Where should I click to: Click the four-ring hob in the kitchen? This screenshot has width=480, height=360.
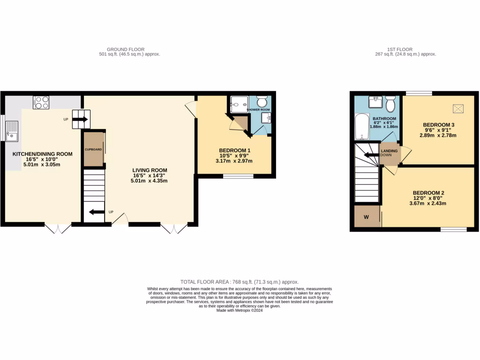point(41,102)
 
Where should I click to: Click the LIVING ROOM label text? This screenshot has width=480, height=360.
point(150,170)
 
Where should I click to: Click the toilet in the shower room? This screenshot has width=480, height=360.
point(261,102)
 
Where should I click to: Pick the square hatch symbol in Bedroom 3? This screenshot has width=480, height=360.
point(458,109)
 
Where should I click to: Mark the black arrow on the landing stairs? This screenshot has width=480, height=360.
point(372,155)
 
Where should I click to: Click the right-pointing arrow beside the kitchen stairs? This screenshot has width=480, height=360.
point(80,120)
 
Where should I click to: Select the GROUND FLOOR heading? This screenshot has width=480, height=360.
point(126,49)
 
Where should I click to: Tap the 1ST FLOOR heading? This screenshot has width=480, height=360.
point(399,49)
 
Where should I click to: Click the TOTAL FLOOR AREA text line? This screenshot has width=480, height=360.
point(239,282)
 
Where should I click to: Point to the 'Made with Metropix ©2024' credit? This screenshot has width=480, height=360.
point(239,310)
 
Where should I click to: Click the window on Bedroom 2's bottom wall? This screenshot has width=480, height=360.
point(453,229)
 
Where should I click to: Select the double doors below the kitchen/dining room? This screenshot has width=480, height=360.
point(58,228)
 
